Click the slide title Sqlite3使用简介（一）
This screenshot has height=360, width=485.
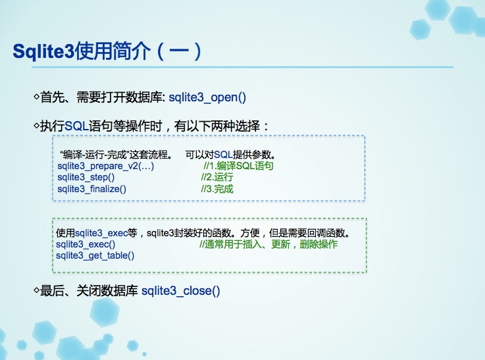coord(107,51)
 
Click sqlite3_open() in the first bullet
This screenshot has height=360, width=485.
coord(207,97)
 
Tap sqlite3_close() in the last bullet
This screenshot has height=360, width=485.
coord(180,291)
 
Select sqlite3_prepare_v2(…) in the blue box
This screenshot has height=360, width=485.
coord(105,166)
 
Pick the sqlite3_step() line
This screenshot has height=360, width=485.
coord(86,177)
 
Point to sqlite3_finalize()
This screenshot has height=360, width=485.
coord(92,189)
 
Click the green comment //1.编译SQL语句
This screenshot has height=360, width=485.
coord(238,166)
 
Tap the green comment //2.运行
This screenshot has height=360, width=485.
coord(217,177)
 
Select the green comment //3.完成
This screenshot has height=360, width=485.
coord(217,189)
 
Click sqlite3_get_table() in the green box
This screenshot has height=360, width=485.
coord(95,255)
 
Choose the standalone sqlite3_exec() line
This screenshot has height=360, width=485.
coord(86,244)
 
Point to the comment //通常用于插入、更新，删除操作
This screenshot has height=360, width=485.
coord(268,244)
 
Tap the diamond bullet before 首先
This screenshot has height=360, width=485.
coord(36,97)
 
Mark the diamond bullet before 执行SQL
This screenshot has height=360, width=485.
coord(36,126)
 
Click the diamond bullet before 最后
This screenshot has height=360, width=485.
coord(36,290)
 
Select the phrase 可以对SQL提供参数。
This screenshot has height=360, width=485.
coord(230,155)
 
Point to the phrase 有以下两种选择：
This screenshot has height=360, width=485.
coord(222,126)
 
